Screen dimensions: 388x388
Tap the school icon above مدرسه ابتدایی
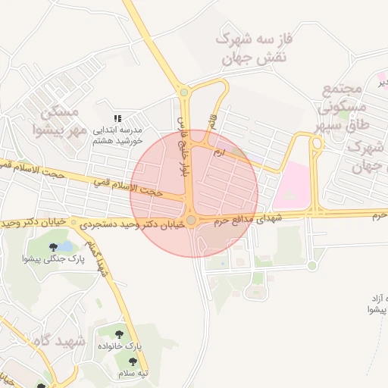(117, 118)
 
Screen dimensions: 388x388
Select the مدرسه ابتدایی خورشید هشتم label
(117, 135)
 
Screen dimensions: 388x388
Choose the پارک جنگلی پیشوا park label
(75, 258)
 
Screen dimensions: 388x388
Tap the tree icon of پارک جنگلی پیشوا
(53, 247)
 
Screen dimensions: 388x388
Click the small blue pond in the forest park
(67, 246)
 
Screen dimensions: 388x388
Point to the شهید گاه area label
(49, 342)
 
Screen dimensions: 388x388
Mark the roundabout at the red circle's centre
(192, 221)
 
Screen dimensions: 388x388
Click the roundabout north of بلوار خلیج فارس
(183, 92)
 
